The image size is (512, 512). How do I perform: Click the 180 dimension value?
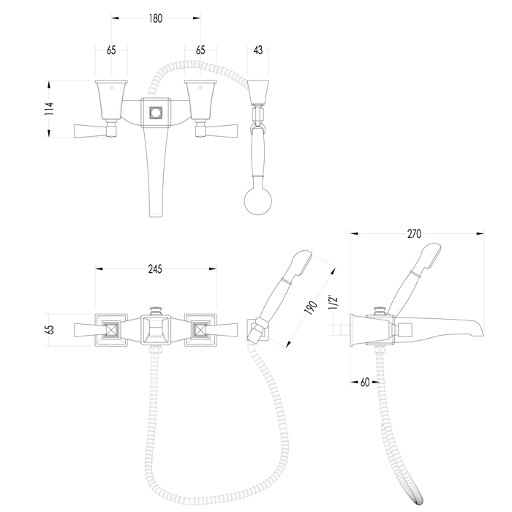point(155,18)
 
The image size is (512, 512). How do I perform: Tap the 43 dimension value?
point(258,50)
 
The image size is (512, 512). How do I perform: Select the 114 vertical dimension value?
point(49,109)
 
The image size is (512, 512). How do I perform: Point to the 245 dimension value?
point(155,269)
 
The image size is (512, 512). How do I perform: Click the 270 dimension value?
point(415,234)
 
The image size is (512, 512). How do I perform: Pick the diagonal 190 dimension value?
point(311,307)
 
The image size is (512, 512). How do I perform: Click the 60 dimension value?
point(365,382)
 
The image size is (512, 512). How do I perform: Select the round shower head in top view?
point(258,201)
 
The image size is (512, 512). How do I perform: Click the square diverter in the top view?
point(156,113)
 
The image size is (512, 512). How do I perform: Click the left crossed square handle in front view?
point(112,330)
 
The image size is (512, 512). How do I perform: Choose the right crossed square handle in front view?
point(200,330)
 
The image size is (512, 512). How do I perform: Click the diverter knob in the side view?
point(380,310)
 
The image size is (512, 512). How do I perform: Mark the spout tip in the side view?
point(483,334)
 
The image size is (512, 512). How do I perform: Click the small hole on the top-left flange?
point(111,88)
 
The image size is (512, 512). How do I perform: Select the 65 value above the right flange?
point(200,50)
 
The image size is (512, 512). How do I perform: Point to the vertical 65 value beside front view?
point(50,330)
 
